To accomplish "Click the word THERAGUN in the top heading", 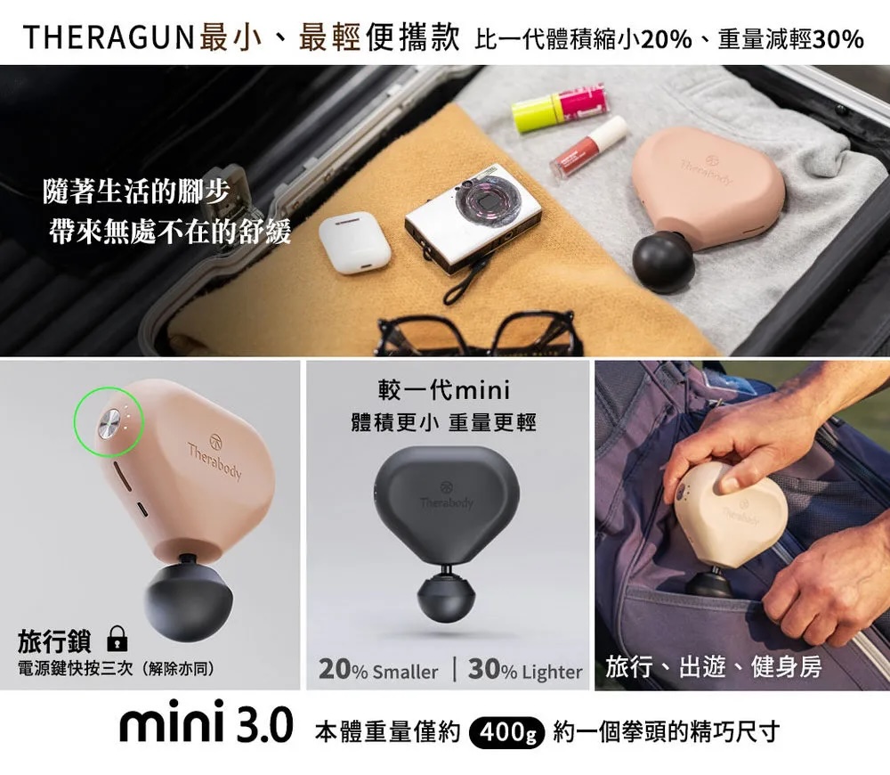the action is (109, 37).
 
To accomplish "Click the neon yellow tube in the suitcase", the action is (559, 108).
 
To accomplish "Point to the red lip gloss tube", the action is (588, 146).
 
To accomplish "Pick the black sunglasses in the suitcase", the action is (480, 332).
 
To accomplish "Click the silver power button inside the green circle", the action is (110, 423).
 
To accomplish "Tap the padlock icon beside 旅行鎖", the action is (117, 639).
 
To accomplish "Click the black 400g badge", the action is (507, 733).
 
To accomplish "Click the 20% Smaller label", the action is (378, 670).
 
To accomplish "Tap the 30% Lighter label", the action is (525, 670).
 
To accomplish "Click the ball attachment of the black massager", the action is (446, 598).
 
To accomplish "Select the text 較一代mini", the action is (444, 390).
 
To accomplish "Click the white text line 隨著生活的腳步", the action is (136, 191).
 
